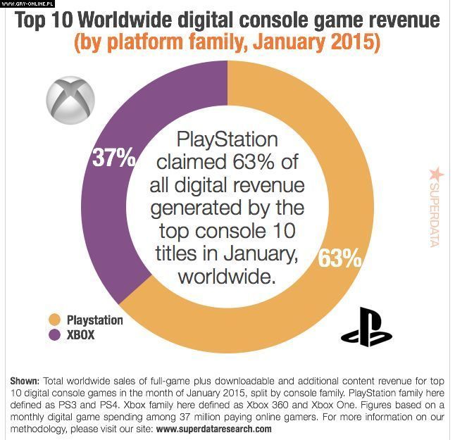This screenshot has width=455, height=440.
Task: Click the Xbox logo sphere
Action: point(70,96)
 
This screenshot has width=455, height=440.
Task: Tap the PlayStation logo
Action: point(366,327)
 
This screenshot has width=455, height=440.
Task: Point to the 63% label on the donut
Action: point(339,258)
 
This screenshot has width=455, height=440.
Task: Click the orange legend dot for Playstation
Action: point(54,320)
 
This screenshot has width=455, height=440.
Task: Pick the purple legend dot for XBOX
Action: point(54,336)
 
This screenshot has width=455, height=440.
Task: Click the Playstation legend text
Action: point(94,320)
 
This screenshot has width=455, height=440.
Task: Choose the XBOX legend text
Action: point(80,336)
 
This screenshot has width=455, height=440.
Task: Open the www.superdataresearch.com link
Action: point(213,428)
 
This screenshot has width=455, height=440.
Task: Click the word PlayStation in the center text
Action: point(227,139)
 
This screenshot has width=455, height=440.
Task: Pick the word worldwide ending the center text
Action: point(225,277)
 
